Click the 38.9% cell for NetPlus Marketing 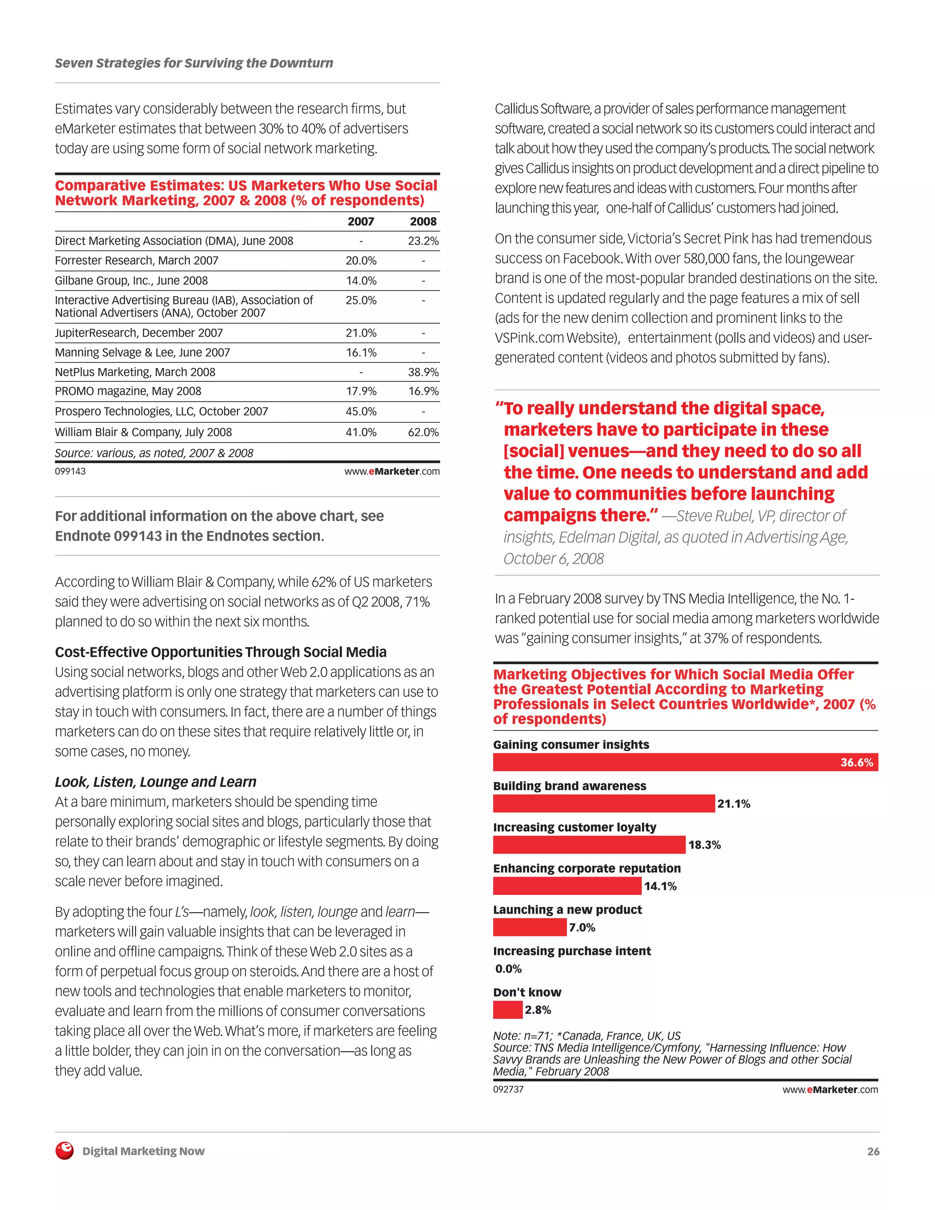[423, 372]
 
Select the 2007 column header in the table [361, 221]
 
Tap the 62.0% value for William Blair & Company [423, 432]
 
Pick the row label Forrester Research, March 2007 [136, 260]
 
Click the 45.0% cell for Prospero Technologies [361, 412]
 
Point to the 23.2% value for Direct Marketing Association [423, 241]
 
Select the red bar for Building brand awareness [603, 803]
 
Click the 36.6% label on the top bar [856, 763]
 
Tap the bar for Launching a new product [530, 927]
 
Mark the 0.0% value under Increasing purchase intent [508, 968]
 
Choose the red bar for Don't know [507, 1010]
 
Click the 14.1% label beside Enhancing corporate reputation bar [660, 886]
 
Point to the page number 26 [873, 1151]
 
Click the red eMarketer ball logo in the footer [65, 1151]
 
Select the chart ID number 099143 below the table [70, 472]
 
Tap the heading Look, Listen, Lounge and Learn [156, 782]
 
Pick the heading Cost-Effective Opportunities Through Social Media [221, 652]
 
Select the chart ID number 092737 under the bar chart [508, 1089]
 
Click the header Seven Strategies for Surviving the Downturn [194, 63]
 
